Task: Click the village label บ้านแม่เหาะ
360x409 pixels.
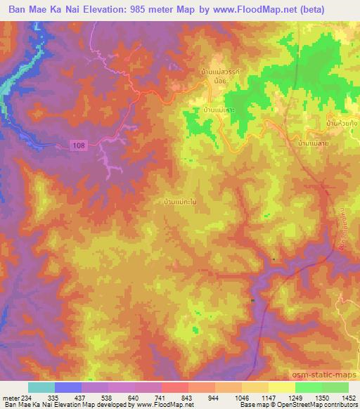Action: [219, 111]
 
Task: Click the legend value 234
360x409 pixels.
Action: [28, 398]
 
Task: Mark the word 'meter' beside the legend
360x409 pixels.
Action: [10, 398]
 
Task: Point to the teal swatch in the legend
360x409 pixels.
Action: [41, 388]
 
